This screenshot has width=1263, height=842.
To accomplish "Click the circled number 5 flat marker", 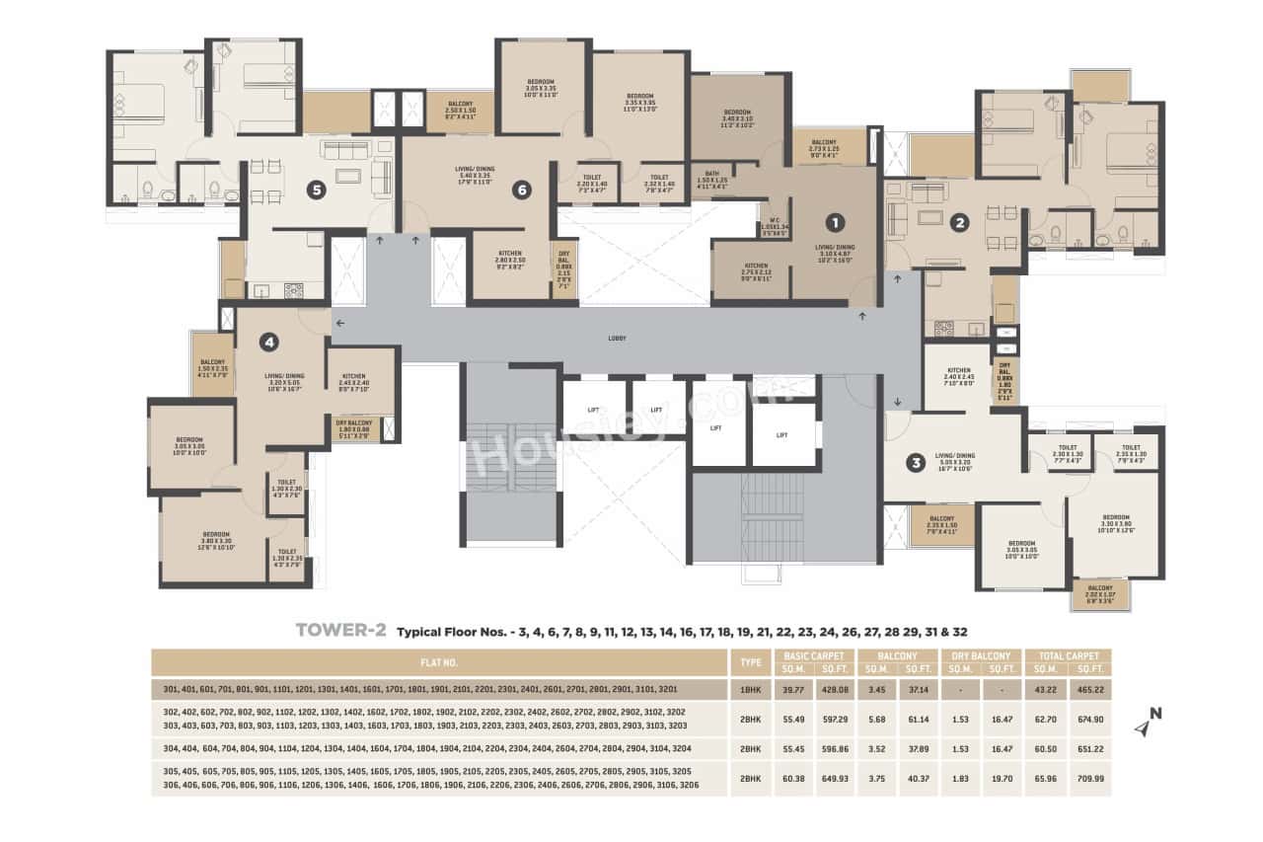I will (316, 191).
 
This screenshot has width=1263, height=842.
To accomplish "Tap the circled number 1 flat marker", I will (835, 222).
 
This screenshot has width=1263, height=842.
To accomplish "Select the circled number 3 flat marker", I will (916, 462).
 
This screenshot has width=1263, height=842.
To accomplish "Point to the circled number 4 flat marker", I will (268, 343).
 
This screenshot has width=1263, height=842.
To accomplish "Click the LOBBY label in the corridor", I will (618, 339).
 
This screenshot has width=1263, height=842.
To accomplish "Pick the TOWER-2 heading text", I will (340, 630).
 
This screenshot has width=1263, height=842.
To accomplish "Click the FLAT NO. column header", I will (437, 662).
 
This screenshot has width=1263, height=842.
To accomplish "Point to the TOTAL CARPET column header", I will (1069, 655).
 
